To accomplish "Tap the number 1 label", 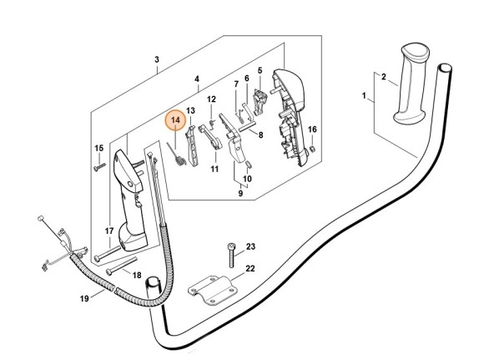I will coord(364,97).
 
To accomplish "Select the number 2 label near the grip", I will coord(383,77).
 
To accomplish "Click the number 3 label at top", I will coord(156,60).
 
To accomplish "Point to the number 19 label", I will coord(85,298).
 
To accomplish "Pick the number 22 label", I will coord(250,269).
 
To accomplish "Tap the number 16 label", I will coord(313,129).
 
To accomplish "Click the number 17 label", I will coord(108,231).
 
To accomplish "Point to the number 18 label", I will coord(137,275).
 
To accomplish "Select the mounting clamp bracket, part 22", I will coord(212,293).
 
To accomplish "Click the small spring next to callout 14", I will coord(177,154).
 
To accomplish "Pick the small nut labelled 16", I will coord(310,150).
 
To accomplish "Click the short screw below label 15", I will coord(98,167).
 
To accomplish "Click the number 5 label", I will coord(260,71).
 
